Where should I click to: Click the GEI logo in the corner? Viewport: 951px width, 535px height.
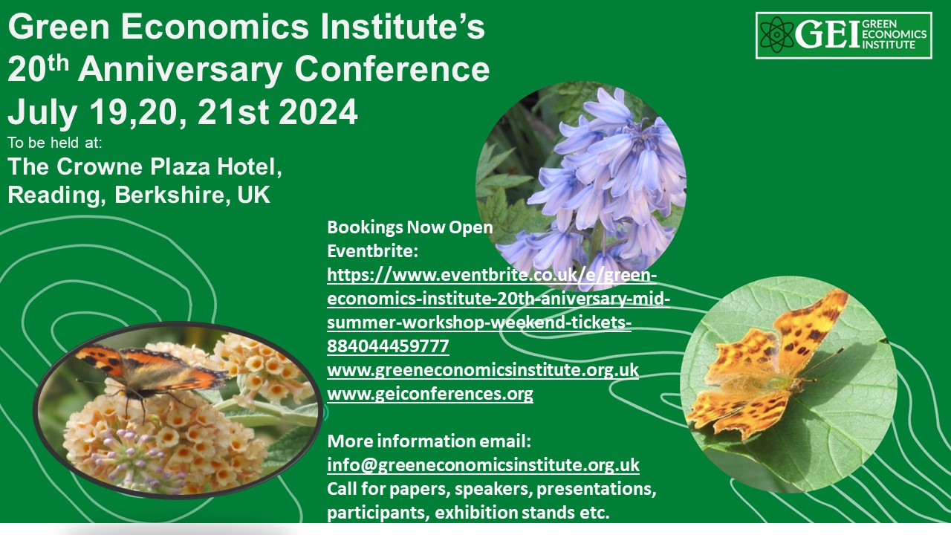tap(843, 35)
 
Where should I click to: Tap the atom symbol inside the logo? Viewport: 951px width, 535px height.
tap(776, 35)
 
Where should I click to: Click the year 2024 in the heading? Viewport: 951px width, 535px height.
tap(318, 112)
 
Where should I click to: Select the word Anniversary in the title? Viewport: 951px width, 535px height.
tap(180, 69)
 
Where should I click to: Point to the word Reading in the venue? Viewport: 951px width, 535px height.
tap(56, 195)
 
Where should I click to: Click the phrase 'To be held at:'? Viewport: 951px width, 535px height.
tap(55, 143)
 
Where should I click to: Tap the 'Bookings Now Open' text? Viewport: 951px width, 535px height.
tap(409, 227)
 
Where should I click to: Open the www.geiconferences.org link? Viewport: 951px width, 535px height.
tap(430, 394)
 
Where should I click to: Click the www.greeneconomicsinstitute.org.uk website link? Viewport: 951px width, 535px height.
tap(483, 370)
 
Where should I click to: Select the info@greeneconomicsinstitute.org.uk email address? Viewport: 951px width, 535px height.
tap(483, 465)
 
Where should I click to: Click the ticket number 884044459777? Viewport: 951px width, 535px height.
tap(388, 346)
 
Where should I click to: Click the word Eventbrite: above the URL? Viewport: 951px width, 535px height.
tap(372, 251)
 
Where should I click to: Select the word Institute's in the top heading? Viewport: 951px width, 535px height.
tap(402, 27)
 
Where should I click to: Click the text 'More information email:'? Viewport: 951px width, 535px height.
tap(429, 441)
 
